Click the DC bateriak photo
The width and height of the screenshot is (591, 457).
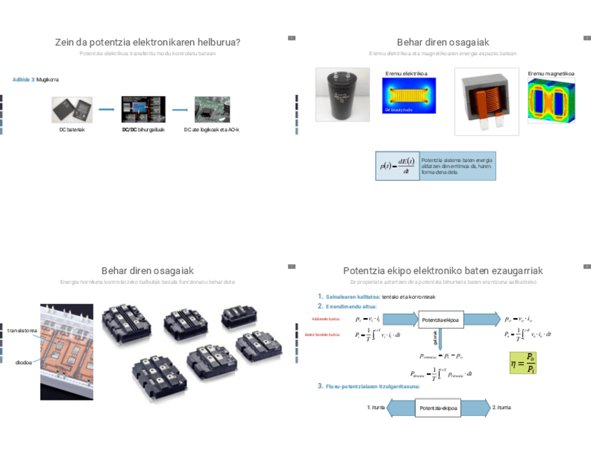(72, 110)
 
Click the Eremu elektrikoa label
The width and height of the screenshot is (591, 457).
(406, 73)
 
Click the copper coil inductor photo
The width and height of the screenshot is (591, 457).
(486, 100)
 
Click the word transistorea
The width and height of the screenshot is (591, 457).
(22, 330)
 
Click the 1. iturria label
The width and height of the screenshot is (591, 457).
(376, 407)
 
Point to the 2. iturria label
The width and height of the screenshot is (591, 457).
(501, 407)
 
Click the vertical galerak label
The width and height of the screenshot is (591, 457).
(436, 338)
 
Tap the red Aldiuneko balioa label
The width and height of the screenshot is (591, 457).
(326, 319)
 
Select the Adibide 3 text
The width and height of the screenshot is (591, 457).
(24, 80)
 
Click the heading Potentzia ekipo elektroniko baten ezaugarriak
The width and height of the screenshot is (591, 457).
(443, 271)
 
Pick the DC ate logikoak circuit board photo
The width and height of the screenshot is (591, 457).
(212, 110)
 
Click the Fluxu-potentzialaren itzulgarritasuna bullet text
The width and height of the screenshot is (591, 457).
(373, 386)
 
